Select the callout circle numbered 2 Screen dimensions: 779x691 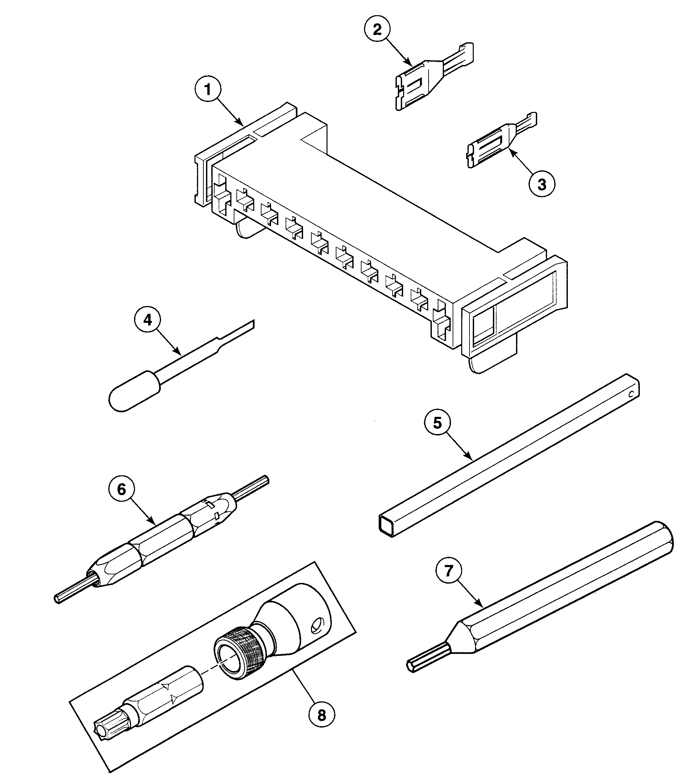[x=377, y=30]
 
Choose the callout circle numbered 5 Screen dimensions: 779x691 [x=437, y=423]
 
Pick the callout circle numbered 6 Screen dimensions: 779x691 [x=121, y=490]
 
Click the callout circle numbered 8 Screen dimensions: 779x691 [x=322, y=715]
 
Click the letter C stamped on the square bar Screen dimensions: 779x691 [x=631, y=394]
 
